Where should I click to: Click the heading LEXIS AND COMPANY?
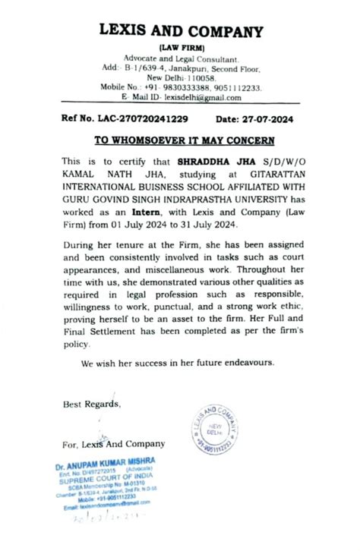click(x=181, y=32)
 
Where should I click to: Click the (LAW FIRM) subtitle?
click(x=181, y=48)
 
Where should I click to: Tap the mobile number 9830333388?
click(x=187, y=88)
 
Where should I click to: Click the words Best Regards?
click(x=91, y=404)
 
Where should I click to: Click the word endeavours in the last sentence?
click(x=242, y=364)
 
